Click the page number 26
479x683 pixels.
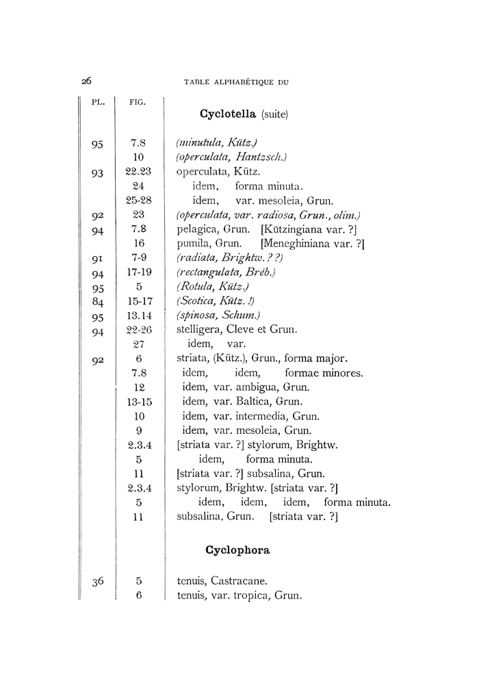(x=87, y=81)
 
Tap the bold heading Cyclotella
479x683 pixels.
(x=229, y=114)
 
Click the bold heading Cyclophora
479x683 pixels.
(x=237, y=549)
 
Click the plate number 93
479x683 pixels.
(x=97, y=173)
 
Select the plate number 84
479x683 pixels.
(x=97, y=300)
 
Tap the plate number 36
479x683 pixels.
(x=97, y=582)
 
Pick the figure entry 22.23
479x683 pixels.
(x=139, y=172)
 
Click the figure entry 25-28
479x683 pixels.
(x=139, y=201)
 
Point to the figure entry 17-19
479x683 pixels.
(x=139, y=272)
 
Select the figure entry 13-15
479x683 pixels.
(x=139, y=401)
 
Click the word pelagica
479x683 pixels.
(x=197, y=229)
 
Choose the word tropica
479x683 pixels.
(x=249, y=596)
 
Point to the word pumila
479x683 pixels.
(x=193, y=244)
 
